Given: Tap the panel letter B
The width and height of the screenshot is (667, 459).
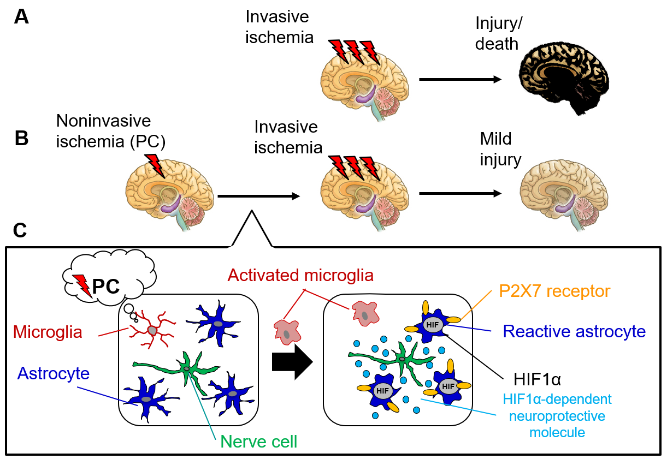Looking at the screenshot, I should pyautogui.click(x=21, y=138).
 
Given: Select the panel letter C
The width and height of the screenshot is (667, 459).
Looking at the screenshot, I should pyautogui.click(x=20, y=231).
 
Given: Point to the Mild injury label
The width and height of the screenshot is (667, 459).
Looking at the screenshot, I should pyautogui.click(x=500, y=149).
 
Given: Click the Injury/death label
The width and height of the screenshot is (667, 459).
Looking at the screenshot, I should pyautogui.click(x=497, y=34).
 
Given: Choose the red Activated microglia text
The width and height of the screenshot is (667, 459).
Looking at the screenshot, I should pyautogui.click(x=300, y=275).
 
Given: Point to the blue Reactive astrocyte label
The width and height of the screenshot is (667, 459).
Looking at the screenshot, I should pyautogui.click(x=574, y=331).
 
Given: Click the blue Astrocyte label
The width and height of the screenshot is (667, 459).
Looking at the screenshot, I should pyautogui.click(x=54, y=373).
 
